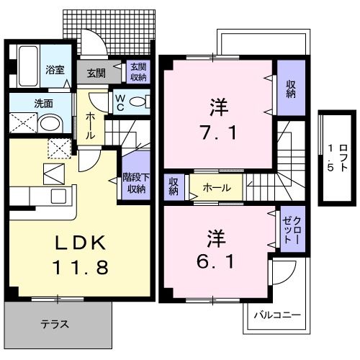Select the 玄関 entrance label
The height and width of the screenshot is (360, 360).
pos(97,72)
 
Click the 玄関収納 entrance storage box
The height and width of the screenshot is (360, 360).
pos(137,71)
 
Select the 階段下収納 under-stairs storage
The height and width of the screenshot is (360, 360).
pos(135,184)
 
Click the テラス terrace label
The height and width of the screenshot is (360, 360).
pos(55,324)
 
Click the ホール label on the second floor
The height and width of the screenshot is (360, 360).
pos(216,188)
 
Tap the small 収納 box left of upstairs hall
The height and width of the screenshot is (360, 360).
pos(174,187)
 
